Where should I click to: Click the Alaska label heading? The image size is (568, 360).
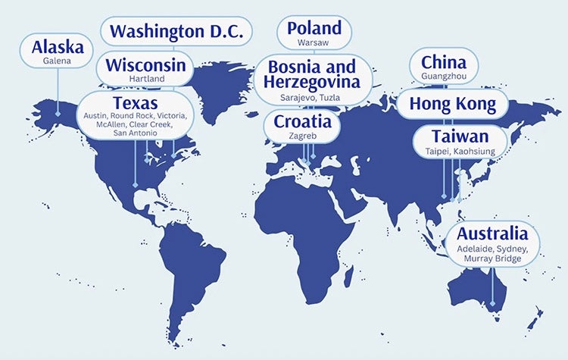(x=58, y=47)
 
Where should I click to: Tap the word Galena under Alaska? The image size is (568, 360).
(x=58, y=61)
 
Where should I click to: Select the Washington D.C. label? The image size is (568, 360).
(x=176, y=32)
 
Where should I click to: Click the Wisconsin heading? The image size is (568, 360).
(x=146, y=65)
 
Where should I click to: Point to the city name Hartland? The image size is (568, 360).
(x=146, y=79)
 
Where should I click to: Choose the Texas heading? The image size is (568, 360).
(x=136, y=102)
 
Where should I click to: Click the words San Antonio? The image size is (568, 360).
(x=136, y=133)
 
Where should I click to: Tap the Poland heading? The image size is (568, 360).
(x=314, y=29)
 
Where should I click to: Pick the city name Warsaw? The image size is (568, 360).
(x=314, y=43)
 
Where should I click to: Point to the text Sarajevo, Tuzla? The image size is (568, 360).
(x=310, y=98)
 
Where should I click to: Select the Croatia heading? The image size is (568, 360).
(x=302, y=121)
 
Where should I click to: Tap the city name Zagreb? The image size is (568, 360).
(x=302, y=135)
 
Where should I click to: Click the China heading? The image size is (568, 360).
(x=444, y=62)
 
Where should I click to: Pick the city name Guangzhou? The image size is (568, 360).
(x=444, y=77)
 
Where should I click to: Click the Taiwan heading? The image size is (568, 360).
(x=460, y=137)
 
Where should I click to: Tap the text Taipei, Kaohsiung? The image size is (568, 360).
(x=460, y=152)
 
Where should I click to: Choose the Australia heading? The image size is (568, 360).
(x=492, y=233)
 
